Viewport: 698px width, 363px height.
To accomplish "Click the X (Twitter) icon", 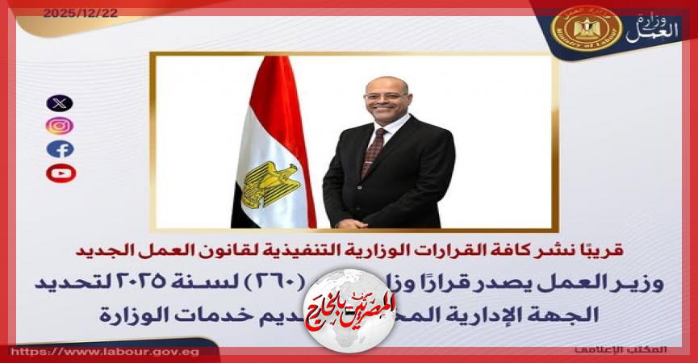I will pos(60,103).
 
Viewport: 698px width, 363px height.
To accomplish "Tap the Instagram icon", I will pos(60,126).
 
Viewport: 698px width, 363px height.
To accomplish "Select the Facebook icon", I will pos(60,149).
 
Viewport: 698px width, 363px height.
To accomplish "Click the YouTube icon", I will pos(60,173).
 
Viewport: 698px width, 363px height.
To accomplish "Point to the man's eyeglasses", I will pos(386,95).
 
